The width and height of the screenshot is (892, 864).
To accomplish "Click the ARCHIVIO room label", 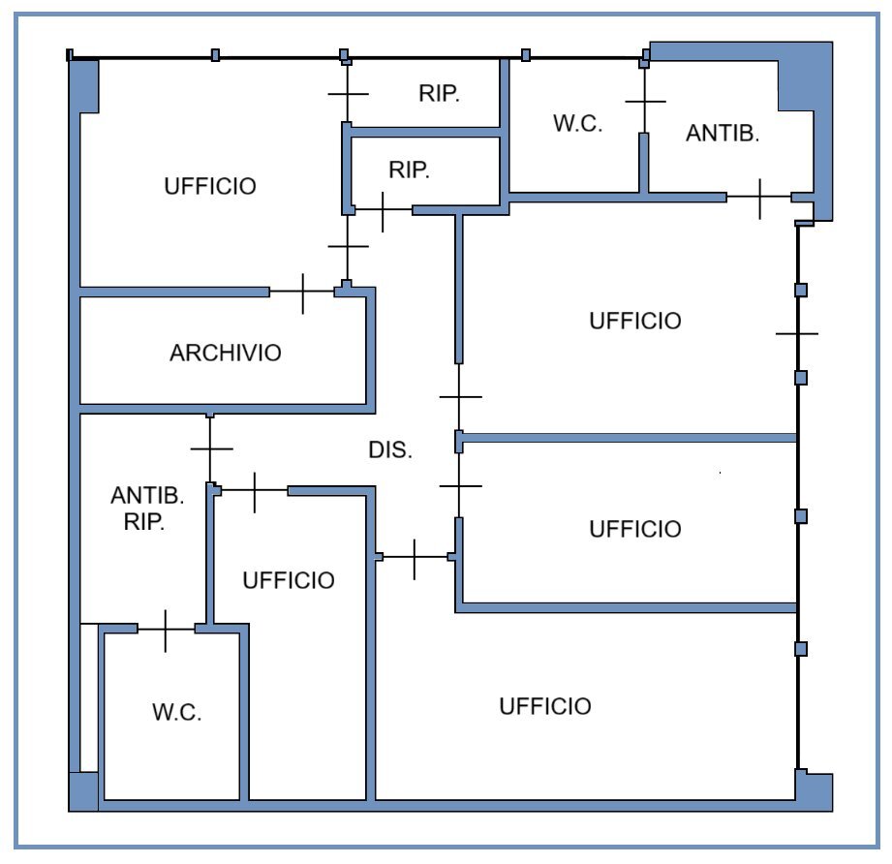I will pos(225,353).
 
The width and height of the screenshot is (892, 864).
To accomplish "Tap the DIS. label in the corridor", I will pos(391,450).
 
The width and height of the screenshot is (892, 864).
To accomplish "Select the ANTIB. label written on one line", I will pos(723,134).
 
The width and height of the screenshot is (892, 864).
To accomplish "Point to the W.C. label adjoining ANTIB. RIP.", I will pos(176,713).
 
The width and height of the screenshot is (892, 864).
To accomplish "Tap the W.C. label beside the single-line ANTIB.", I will pos(578,124).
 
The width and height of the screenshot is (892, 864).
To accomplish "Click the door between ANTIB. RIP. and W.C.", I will pos(166,631).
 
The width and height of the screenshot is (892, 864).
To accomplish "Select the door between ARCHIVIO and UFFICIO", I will pos(302,292).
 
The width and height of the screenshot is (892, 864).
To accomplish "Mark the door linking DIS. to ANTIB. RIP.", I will pos(211,448).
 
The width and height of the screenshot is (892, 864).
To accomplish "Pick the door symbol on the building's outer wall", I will pos(797,333).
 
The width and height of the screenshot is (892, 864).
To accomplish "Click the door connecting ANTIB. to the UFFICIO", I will pos(759,199).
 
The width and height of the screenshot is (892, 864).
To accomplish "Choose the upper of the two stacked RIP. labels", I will pos(439,94).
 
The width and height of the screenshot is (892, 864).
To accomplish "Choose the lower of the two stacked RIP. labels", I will pos(409,170).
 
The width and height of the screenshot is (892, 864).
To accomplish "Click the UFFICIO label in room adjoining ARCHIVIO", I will pos(210,186).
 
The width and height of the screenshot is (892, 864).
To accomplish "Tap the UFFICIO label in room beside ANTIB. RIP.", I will pos(289,580).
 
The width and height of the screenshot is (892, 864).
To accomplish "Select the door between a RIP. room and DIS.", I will pos(384,210).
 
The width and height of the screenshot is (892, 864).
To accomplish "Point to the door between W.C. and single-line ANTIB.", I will pos(645,102).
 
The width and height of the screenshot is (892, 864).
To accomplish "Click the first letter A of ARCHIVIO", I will pos(176,353).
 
